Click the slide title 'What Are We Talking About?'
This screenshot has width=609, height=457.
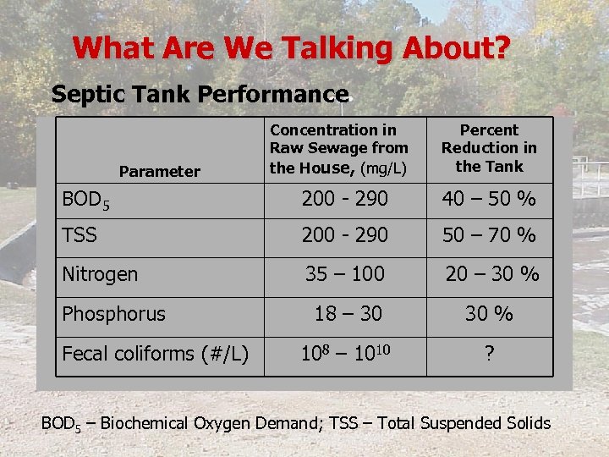point(291,47)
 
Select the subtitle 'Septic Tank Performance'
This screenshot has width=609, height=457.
point(200,94)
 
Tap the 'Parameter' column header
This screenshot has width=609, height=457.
point(160,172)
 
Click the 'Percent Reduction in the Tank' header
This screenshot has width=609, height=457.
point(489,148)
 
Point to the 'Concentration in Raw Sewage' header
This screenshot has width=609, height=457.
point(338,148)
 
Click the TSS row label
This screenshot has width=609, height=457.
point(80,234)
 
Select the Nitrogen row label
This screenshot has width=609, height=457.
point(100,274)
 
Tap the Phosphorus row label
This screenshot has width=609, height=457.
point(113,313)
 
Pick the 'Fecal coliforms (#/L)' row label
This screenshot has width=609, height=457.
point(156,354)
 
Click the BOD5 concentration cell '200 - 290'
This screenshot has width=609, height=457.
point(346,200)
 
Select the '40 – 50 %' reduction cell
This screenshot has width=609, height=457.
point(489,200)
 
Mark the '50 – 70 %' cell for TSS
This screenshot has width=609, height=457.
point(489,234)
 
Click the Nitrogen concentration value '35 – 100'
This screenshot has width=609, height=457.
point(345,274)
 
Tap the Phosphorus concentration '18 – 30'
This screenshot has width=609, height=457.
point(348,313)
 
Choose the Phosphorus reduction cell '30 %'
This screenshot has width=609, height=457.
point(489,313)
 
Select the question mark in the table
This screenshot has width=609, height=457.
point(489,354)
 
